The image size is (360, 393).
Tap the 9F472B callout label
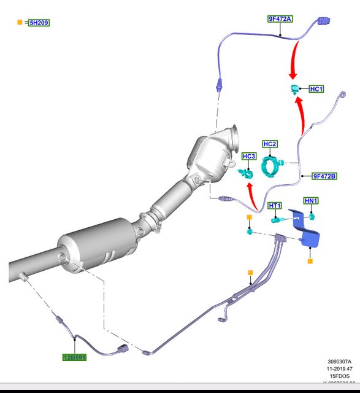(324, 176)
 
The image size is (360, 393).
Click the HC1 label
(316, 89)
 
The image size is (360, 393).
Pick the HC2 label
(270, 144)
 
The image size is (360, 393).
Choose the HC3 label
(248, 157)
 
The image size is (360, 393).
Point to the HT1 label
(275, 206)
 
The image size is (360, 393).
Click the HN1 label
(312, 201)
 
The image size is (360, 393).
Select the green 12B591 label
(74, 357)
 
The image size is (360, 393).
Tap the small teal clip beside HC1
(294, 90)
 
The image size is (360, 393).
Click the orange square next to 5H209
(20, 23)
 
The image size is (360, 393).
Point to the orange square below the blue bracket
(310, 261)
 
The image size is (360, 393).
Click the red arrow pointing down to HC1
(294, 61)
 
